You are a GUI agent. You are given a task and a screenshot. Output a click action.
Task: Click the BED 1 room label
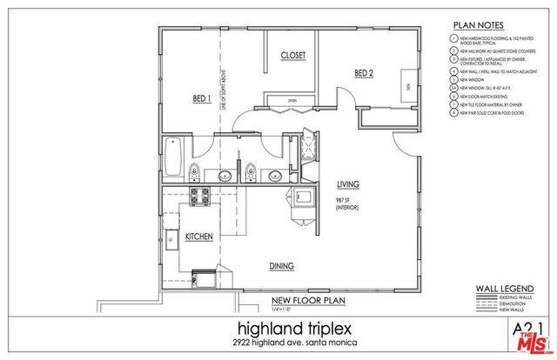(x=202, y=100)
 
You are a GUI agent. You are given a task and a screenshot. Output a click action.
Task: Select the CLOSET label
(x=292, y=55)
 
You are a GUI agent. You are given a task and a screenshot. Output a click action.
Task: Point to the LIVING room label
(x=349, y=184)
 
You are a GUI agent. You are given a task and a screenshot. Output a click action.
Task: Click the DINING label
(x=281, y=266)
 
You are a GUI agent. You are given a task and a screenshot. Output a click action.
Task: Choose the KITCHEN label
(x=199, y=237)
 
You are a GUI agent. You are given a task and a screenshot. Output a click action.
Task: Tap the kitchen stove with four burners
(x=199, y=198)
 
